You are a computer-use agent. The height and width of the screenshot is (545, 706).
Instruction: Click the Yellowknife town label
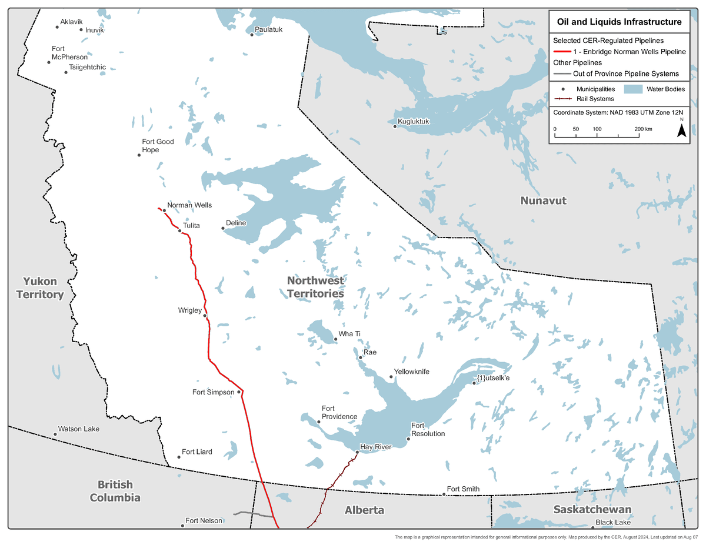(x=412, y=372)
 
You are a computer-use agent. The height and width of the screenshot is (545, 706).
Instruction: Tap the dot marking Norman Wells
(x=164, y=210)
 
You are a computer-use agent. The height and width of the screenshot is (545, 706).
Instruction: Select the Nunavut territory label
(x=543, y=200)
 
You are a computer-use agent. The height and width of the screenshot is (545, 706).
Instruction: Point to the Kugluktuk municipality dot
(x=395, y=126)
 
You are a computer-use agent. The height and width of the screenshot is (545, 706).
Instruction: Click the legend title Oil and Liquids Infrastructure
(x=619, y=22)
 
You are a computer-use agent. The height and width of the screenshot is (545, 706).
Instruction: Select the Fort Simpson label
(x=214, y=392)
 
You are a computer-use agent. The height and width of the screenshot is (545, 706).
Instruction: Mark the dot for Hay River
(x=357, y=452)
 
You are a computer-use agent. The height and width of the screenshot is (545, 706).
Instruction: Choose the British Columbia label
(x=115, y=491)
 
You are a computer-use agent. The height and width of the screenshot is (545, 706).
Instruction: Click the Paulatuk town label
(x=268, y=29)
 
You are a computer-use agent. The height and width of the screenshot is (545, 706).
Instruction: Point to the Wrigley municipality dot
(x=205, y=316)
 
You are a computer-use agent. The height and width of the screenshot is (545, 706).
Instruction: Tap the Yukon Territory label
(x=39, y=287)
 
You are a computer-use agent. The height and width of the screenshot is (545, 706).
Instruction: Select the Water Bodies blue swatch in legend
(x=632, y=89)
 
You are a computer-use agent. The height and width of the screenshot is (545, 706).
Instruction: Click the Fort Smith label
(x=463, y=489)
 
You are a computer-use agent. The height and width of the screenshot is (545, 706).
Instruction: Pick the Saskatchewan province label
(x=592, y=509)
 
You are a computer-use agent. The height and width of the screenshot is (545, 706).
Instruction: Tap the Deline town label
(x=236, y=223)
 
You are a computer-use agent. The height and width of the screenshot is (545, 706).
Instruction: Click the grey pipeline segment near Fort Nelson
(x=253, y=514)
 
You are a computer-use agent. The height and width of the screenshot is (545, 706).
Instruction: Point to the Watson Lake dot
(x=55, y=434)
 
